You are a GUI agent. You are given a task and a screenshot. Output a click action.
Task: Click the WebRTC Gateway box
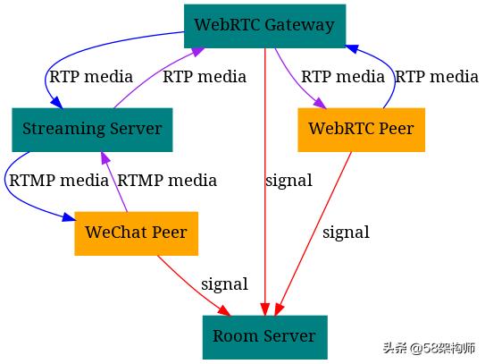[x=264, y=25]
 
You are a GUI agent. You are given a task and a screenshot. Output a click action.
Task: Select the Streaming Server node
[x=92, y=129]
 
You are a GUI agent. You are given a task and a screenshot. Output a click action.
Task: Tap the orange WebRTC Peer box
[x=361, y=129]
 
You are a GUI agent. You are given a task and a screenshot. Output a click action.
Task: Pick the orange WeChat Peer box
[x=136, y=233]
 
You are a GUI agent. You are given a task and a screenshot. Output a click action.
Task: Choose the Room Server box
[x=263, y=336]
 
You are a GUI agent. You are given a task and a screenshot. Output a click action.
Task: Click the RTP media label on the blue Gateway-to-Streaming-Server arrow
[x=90, y=77]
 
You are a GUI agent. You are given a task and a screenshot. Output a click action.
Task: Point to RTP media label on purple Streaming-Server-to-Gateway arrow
[x=204, y=77]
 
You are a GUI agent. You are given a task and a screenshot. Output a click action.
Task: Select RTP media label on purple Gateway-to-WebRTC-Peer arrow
[x=342, y=77]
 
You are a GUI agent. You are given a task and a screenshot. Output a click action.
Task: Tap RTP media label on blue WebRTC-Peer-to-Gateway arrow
[x=437, y=77]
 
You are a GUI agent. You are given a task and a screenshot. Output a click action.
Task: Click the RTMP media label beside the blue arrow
[x=58, y=181]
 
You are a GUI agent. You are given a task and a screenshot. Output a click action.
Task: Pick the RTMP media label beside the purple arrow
[x=167, y=181]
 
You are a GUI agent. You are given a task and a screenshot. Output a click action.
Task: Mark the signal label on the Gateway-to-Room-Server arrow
[x=288, y=181]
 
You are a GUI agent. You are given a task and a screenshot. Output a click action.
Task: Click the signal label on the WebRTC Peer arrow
[x=346, y=233]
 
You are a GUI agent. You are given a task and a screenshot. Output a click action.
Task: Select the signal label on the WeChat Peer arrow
[x=224, y=284]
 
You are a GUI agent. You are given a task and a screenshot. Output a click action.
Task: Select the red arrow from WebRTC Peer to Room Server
[x=317, y=233]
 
